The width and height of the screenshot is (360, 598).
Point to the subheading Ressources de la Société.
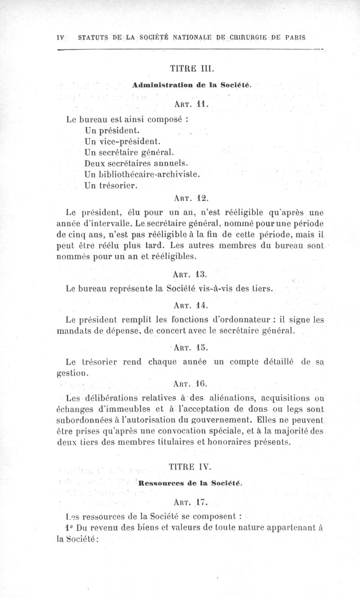[191, 483]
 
